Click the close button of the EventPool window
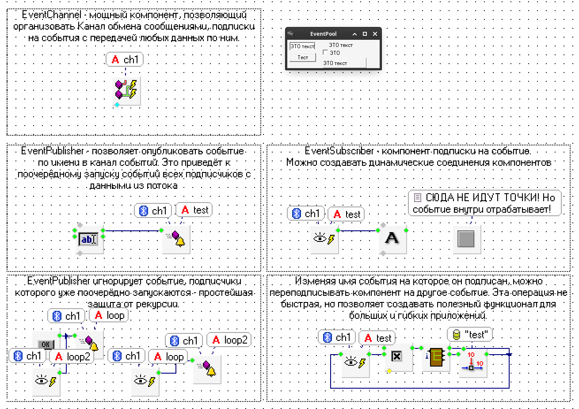coord(375,34)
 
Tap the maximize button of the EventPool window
coord(365,34)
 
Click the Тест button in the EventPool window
coord(303,57)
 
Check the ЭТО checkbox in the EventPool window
coord(326,53)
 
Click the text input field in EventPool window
coord(302,46)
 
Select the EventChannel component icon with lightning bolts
coord(126,91)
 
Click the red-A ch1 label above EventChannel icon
coord(125,60)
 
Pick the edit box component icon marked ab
coord(88,239)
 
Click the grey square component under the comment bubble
coord(466,239)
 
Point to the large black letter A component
coord(392,239)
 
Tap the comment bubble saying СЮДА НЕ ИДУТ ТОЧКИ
coord(484,203)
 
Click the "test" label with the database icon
coord(470,335)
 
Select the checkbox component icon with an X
coord(397,356)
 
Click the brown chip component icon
coord(436,357)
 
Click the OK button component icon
coord(46,344)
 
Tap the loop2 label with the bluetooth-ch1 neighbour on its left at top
coord(229,340)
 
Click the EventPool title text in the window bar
coord(323,34)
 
